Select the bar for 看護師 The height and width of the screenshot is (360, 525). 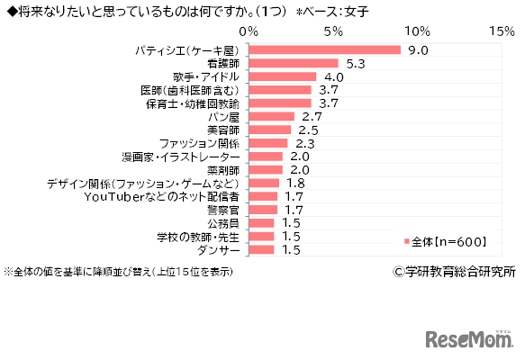click(x=294, y=63)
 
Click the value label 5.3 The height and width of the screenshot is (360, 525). click(x=355, y=63)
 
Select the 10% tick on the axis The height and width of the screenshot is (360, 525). click(x=417, y=31)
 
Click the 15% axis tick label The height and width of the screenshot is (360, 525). click(x=501, y=31)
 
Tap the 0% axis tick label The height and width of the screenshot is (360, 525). click(x=249, y=31)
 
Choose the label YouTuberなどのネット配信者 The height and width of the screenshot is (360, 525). click(x=161, y=195)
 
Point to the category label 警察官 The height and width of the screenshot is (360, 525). click(x=223, y=209)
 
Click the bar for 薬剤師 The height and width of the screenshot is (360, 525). click(x=266, y=169)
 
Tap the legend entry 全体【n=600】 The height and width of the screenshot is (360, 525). click(x=446, y=240)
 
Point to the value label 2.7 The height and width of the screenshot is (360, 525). click(x=312, y=116)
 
